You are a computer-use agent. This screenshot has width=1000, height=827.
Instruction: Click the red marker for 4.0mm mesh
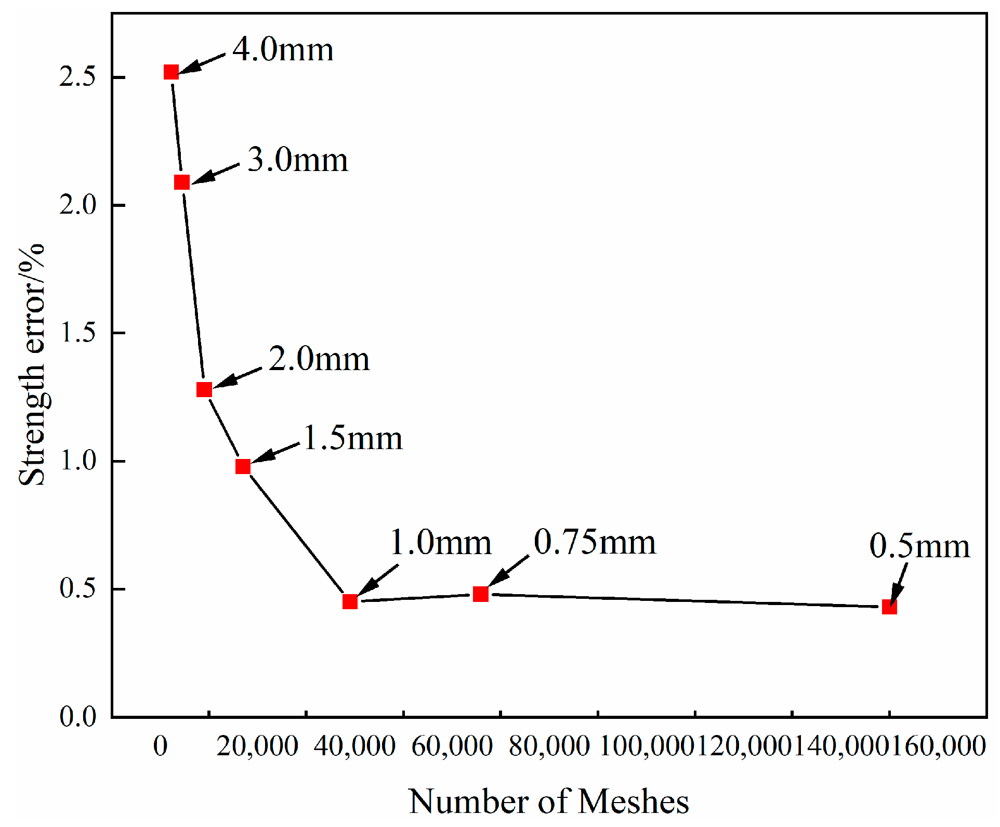tap(171, 72)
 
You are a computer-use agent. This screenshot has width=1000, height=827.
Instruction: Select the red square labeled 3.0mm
tap(181, 182)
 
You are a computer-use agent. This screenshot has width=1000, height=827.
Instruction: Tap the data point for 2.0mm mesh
tap(204, 389)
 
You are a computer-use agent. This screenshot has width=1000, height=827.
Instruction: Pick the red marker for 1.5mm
tap(243, 467)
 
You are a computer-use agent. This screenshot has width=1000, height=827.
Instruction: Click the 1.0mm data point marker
tap(350, 601)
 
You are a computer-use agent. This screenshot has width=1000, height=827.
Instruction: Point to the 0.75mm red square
tap(481, 594)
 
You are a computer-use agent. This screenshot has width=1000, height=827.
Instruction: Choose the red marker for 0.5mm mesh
tap(889, 607)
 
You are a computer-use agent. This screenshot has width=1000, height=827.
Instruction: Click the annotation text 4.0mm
tap(283, 50)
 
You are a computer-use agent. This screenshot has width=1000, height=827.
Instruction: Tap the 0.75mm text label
tap(595, 543)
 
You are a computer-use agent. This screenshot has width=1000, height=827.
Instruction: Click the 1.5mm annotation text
tap(353, 438)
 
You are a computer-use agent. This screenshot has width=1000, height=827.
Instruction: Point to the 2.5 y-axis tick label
tap(78, 77)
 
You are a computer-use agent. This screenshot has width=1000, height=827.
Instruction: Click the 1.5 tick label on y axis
tap(78, 333)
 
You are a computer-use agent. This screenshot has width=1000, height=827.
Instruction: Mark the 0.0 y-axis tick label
tap(78, 717)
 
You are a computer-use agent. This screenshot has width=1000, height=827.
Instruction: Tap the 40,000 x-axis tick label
tap(355, 746)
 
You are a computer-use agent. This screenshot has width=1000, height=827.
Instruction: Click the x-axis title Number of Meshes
tap(549, 801)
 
